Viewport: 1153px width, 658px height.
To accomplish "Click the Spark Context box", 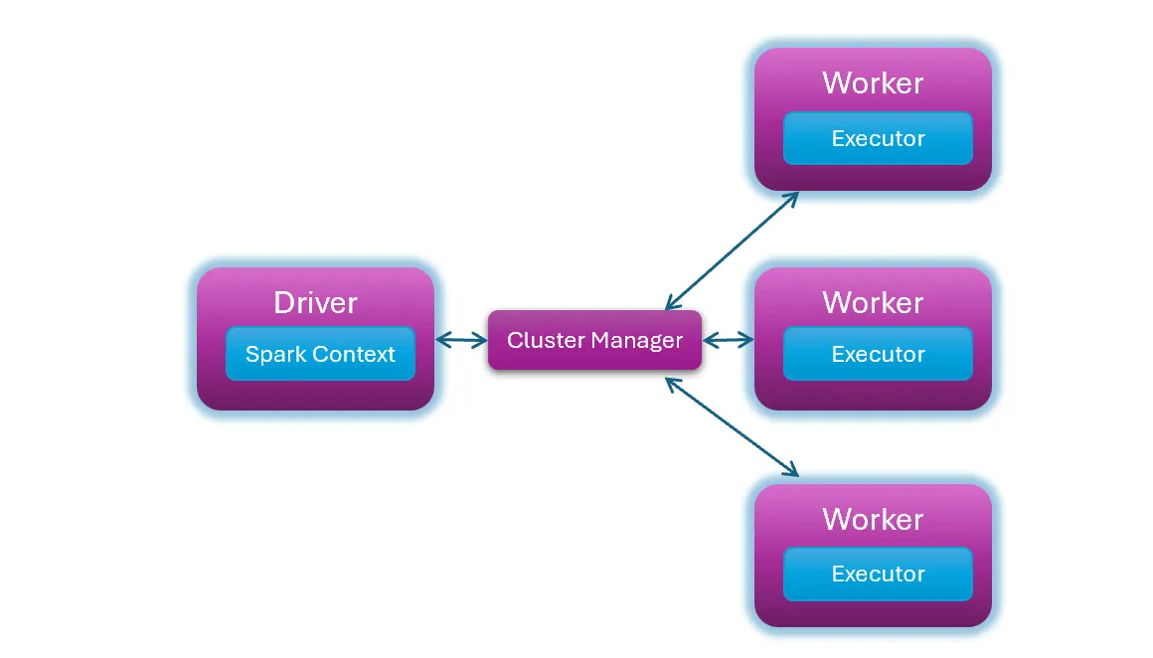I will click(320, 354).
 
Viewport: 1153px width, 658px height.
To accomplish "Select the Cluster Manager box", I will click(594, 341).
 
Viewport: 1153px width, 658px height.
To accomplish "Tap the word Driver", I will click(315, 302).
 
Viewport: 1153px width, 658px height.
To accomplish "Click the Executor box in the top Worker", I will click(878, 138).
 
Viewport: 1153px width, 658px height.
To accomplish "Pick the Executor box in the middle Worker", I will click(878, 354).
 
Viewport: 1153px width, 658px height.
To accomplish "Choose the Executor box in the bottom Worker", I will click(878, 574).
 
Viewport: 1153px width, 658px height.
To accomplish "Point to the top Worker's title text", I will click(873, 83).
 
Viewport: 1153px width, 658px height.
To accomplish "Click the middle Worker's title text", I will click(873, 302).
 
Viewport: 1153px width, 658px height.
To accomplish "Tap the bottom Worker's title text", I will click(873, 520).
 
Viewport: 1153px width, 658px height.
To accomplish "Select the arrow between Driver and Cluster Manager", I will click(461, 341).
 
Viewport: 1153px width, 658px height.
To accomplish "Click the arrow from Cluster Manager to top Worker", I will click(732, 249).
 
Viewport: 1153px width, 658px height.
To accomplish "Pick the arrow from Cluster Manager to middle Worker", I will click(729, 340).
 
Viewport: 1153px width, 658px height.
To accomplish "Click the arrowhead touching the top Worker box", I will click(792, 196).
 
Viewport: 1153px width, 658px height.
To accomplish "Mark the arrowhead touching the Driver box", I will click(442, 341).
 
